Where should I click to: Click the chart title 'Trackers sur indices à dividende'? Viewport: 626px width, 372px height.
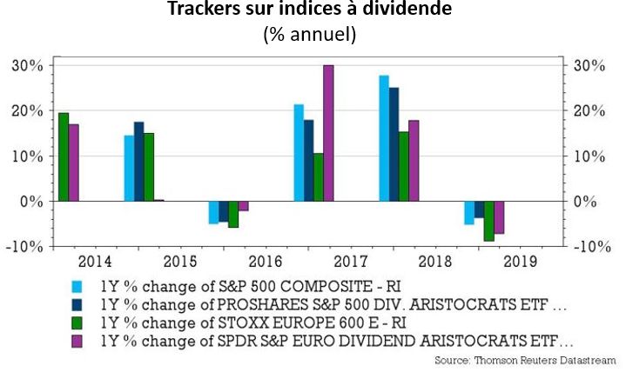313,11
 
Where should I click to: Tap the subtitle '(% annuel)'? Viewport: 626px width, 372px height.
313,36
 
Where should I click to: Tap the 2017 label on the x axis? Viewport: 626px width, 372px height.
350,260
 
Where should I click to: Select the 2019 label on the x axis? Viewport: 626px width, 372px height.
520,260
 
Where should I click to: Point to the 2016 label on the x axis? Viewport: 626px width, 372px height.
265,260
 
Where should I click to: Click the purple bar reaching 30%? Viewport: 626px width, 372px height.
328,133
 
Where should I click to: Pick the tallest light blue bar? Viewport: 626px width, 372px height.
384,138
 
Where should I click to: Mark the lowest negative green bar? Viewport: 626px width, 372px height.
489,221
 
